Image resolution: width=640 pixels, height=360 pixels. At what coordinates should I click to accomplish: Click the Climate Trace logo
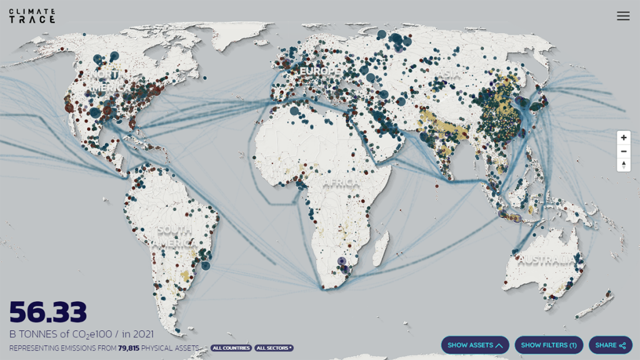(x=32, y=16)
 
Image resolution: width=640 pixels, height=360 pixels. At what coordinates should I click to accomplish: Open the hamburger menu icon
(x=623, y=16)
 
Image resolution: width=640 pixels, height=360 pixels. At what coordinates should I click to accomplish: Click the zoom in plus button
(x=623, y=137)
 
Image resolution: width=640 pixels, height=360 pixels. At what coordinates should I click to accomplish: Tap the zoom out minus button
(x=623, y=151)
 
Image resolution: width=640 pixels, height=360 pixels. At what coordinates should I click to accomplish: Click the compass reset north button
(x=623, y=165)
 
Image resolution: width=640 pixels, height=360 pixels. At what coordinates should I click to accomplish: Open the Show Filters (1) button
(x=549, y=345)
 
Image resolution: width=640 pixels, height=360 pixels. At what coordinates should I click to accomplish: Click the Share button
(x=610, y=345)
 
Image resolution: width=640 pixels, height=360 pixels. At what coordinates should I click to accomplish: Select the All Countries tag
(x=231, y=348)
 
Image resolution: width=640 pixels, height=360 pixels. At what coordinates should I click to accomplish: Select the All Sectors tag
(x=274, y=348)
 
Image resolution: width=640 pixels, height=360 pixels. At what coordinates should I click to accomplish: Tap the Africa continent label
(x=341, y=182)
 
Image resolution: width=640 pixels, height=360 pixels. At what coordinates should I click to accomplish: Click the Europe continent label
(x=321, y=72)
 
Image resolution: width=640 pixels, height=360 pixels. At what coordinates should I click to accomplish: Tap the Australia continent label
(x=546, y=259)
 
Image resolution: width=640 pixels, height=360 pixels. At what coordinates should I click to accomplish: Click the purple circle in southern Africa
(x=341, y=261)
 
